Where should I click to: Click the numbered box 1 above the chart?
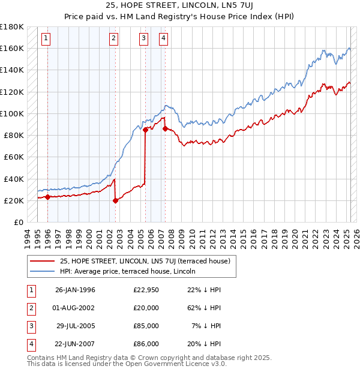(x=46, y=40)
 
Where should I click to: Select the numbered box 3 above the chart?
(x=144, y=40)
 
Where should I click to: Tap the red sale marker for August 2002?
(x=115, y=201)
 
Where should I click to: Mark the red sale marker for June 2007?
(x=165, y=128)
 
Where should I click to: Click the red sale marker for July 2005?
(x=145, y=129)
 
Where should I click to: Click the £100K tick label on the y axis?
(x=11, y=113)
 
